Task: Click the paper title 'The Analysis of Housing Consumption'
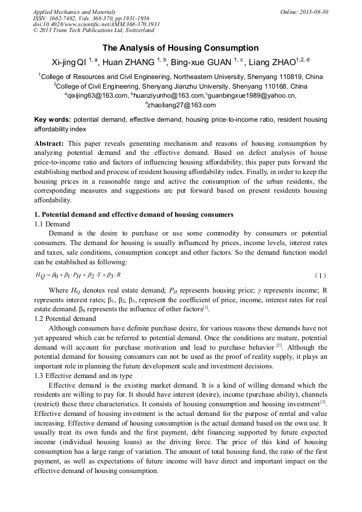click(x=180, y=48)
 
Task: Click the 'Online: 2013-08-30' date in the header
click(x=304, y=12)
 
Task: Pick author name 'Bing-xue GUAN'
click(x=203, y=62)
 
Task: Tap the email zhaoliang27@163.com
click(x=181, y=105)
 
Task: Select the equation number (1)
click(x=320, y=275)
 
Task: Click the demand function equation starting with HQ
click(x=78, y=275)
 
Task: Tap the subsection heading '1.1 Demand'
click(x=52, y=224)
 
